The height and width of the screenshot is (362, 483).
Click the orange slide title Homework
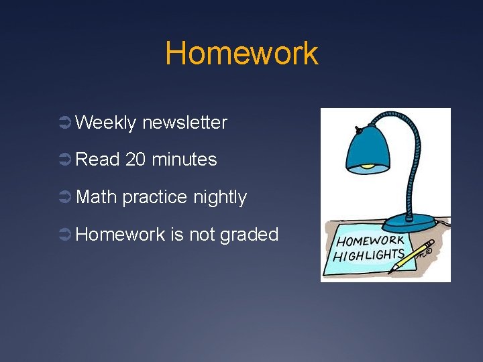tap(241, 53)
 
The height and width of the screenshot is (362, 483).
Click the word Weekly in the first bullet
tap(106, 123)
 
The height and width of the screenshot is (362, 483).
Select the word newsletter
tap(185, 123)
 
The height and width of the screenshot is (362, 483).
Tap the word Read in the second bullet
tap(97, 160)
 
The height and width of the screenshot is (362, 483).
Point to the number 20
tap(136, 160)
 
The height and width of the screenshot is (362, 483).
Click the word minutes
tap(184, 160)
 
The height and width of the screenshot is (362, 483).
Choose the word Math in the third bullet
tap(97, 197)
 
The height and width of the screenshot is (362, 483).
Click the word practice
tap(156, 198)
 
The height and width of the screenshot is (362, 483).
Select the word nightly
tap(220, 198)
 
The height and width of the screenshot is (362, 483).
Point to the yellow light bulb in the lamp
tap(367, 166)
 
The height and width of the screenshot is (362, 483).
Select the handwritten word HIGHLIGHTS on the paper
tap(368, 255)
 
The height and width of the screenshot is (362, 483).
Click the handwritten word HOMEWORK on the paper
tap(370, 241)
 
